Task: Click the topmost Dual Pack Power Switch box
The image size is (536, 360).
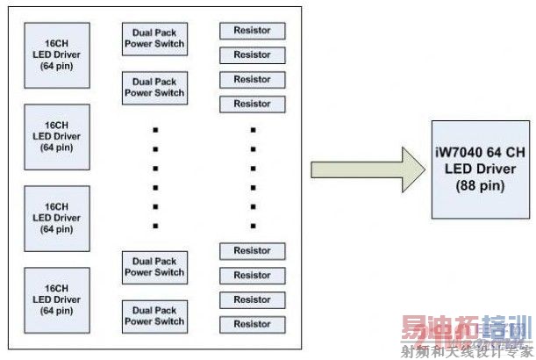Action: coord(154,37)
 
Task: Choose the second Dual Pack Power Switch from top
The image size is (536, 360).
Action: coord(154,87)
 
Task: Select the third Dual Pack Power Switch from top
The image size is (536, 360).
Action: coord(154,267)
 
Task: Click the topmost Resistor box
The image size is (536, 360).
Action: coord(253,31)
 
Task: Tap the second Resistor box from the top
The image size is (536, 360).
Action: coord(253,55)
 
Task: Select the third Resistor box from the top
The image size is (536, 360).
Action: coord(253,80)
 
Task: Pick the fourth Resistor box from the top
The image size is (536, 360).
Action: coord(253,104)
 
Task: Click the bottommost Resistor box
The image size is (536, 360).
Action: coord(253,325)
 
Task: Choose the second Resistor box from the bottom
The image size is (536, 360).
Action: coord(253,300)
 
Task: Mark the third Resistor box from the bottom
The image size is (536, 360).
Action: coord(253,276)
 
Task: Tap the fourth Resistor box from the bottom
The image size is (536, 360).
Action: coord(253,251)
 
